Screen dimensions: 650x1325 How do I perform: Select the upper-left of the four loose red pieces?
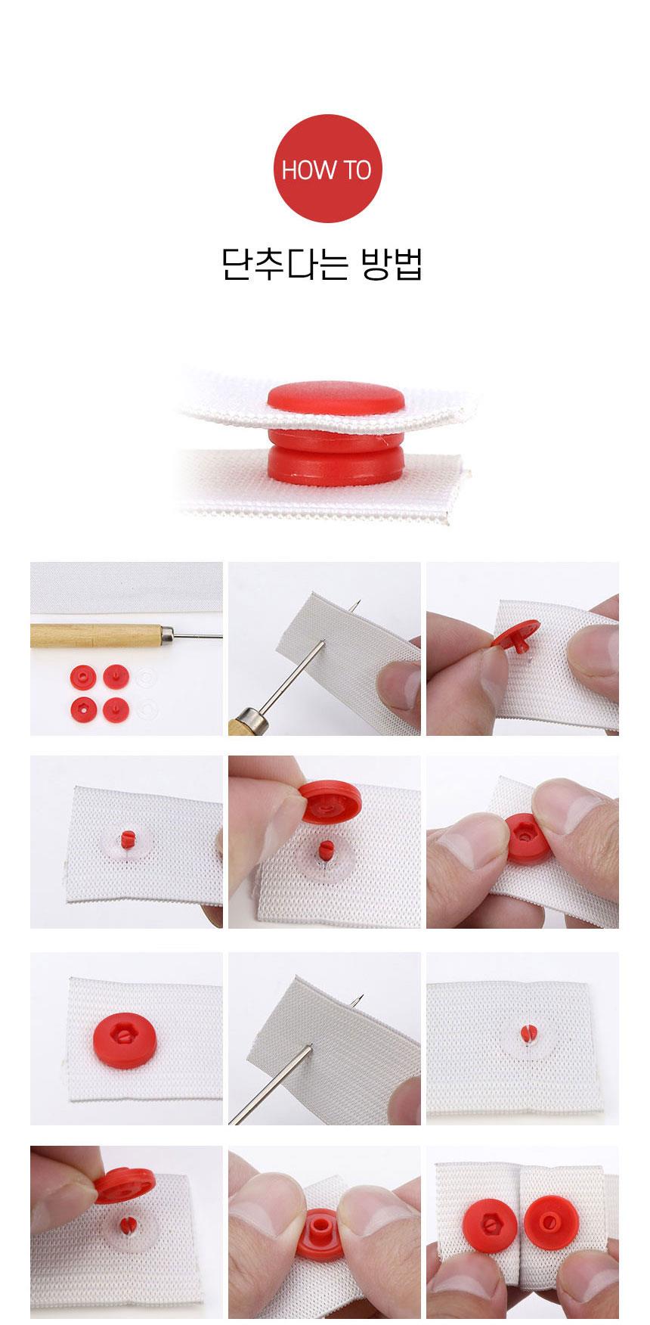(x=79, y=674)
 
